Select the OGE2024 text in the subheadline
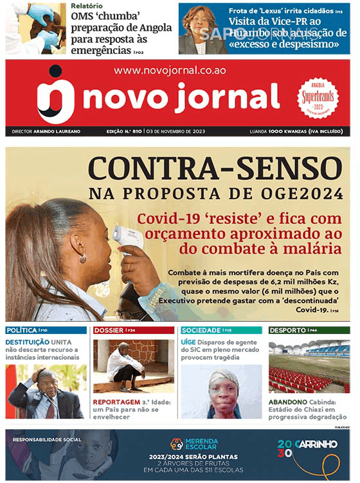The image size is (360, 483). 290,193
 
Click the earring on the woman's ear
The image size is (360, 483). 82,258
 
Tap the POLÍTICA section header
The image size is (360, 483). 21,330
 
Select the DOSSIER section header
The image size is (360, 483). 109,330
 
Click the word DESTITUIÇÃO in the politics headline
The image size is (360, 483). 28,342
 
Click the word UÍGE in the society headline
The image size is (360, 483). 188,342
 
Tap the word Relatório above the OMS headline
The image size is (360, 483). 87,6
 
